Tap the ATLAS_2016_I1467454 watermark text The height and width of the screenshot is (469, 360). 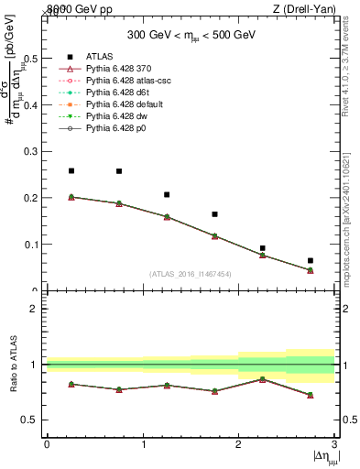[190, 274]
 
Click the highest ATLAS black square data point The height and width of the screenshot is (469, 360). [71, 170]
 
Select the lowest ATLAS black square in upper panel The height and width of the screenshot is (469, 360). [311, 261]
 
